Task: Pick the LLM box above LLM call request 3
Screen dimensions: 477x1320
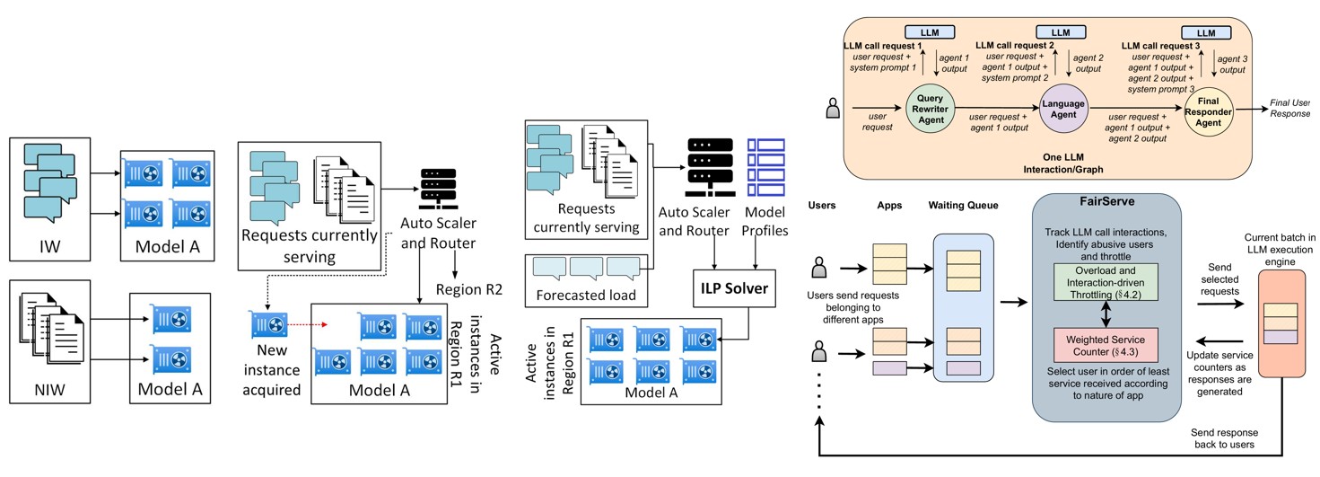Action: [1205, 32]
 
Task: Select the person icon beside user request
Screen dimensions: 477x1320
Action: [831, 112]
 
